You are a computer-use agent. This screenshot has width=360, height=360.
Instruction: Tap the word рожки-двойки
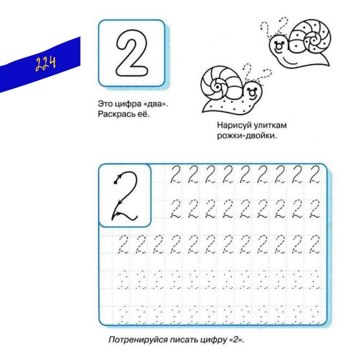(x=246, y=135)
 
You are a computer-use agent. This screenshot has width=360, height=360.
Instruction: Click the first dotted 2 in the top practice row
(x=176, y=174)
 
